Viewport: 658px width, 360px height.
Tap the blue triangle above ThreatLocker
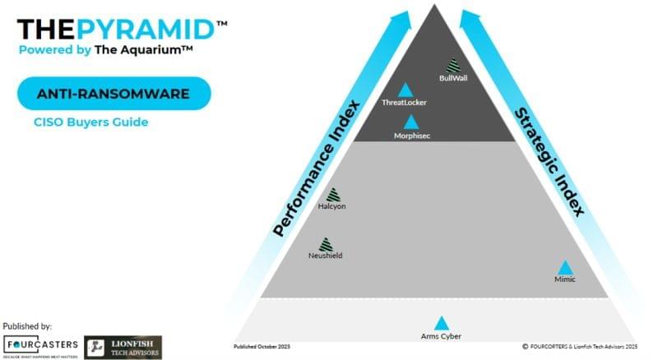(405, 90)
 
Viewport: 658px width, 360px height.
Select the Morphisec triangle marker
(410, 122)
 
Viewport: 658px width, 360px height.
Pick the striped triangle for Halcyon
(332, 195)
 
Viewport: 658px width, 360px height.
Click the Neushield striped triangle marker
(326, 244)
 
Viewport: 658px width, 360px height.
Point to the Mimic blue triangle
(565, 268)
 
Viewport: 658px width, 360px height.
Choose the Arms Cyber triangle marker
(442, 324)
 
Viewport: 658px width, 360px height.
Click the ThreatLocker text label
(404, 103)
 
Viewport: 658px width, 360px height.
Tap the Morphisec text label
(410, 135)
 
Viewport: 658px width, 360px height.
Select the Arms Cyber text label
(441, 336)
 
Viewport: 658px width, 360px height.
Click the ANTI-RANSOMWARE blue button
(114, 94)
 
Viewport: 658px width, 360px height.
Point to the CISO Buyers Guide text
(90, 122)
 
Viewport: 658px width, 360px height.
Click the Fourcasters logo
(40, 346)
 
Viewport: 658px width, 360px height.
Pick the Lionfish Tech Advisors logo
(123, 347)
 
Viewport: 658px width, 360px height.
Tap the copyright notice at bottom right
(580, 346)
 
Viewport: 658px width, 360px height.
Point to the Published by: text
(27, 326)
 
